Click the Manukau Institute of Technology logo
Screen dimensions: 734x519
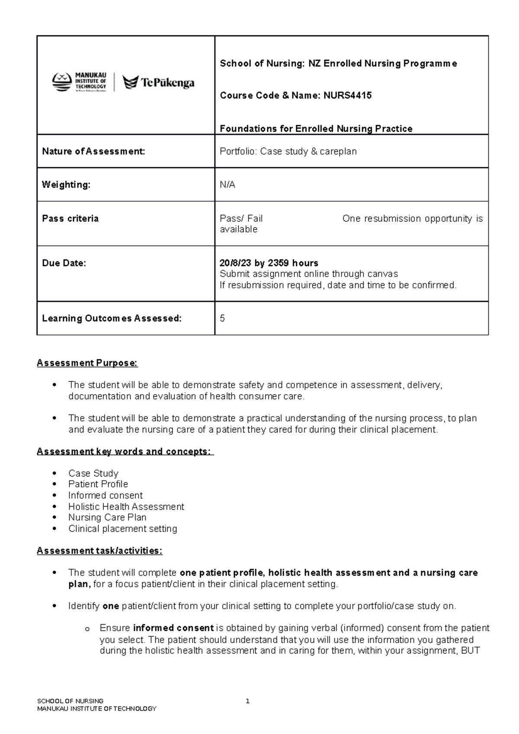pos(79,82)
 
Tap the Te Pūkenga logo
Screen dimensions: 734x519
pos(158,82)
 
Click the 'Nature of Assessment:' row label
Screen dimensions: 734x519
pos(93,151)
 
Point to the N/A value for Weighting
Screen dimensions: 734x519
pos(227,185)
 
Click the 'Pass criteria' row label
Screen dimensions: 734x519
pos(70,219)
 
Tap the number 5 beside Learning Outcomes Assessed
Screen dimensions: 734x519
pos(222,319)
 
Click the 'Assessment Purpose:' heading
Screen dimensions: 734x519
pos(87,363)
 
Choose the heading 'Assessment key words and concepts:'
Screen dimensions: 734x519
pos(125,452)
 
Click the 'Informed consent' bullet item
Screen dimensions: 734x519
pos(106,495)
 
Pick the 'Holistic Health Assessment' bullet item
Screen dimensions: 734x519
pos(126,507)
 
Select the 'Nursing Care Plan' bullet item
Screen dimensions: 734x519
pos(107,517)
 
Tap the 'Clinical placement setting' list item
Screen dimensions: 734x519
pos(122,529)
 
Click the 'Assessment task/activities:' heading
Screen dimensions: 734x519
pos(99,551)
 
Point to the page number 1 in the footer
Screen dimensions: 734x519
pos(247,701)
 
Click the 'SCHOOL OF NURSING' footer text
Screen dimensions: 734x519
pos(70,701)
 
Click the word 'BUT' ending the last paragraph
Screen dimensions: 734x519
pos(471,651)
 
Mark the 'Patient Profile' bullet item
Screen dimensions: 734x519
pos(98,484)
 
